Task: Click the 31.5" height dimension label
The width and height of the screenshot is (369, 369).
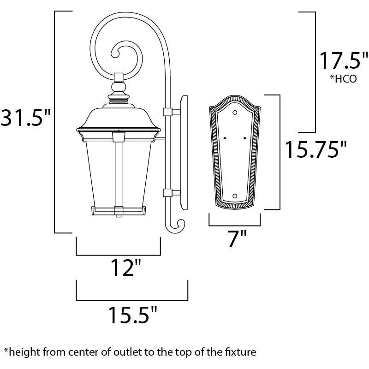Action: tap(25, 118)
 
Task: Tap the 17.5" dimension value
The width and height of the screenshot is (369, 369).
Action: tap(343, 61)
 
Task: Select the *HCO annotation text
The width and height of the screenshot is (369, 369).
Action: tap(343, 78)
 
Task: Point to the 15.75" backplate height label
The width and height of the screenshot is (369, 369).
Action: tap(316, 149)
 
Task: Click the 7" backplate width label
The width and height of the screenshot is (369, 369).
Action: tap(237, 238)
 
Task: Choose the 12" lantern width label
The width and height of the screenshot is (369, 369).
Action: tap(125, 268)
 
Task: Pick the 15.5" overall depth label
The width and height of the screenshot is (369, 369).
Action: tap(132, 315)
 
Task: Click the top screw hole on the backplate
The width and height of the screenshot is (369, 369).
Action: tap(235, 113)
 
